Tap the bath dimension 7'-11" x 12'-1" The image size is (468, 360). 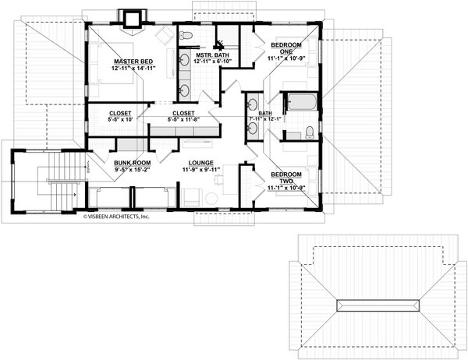click(264, 120)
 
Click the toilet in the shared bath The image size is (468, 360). click(309, 130)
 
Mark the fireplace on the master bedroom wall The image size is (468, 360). click(130, 17)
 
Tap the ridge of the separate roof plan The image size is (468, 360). click(377, 304)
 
